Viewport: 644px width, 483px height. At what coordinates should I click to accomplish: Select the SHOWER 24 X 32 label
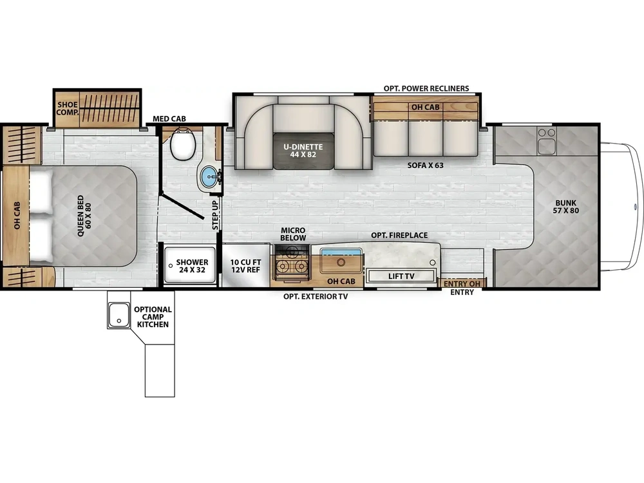pos(192,266)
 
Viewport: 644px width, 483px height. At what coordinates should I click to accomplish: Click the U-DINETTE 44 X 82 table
pos(303,151)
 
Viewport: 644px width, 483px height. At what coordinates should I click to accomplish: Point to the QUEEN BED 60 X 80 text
pos(84,216)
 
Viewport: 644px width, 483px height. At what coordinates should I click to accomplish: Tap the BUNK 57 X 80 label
pos(565,207)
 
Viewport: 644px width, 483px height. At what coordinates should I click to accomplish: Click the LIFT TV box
pos(401,276)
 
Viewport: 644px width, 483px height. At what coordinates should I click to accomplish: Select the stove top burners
pos(292,263)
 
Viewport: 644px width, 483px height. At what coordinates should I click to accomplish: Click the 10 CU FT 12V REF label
pos(245,266)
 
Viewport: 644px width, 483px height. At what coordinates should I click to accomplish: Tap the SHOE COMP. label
pos(67,108)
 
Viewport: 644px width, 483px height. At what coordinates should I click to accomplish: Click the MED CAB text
pos(169,118)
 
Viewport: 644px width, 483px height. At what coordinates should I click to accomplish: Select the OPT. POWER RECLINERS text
pos(426,88)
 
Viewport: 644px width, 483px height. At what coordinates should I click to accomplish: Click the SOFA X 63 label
pos(425,165)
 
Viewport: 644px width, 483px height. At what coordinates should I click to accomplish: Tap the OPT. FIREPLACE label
pos(399,235)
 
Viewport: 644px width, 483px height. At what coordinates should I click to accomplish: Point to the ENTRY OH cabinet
pos(462,283)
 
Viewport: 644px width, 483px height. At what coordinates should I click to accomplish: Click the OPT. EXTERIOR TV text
pos(316,296)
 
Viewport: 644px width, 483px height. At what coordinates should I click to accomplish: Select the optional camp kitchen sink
pos(118,316)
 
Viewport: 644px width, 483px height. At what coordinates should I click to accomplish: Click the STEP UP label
pos(215,215)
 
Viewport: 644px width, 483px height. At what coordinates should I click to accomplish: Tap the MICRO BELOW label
pos(293,234)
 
